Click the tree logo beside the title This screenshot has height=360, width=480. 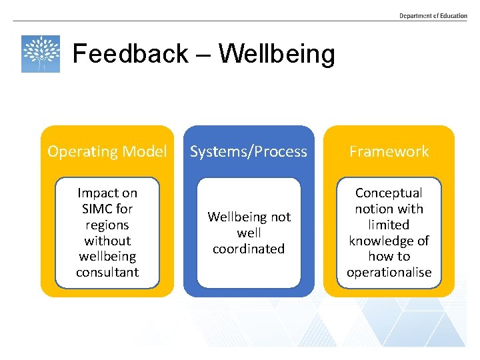click(x=41, y=54)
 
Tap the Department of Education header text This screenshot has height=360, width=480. click(x=433, y=16)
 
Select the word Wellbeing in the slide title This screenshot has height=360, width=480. click(x=276, y=53)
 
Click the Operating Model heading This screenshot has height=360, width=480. click(x=107, y=151)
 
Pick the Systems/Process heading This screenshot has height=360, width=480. click(x=249, y=151)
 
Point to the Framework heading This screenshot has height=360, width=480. click(x=389, y=151)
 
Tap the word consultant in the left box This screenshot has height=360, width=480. click(x=107, y=272)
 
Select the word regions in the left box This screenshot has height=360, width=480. click(x=107, y=225)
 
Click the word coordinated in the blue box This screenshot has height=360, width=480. click(x=249, y=249)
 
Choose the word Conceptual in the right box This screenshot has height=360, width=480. click(x=389, y=193)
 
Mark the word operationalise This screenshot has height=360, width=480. click(x=389, y=272)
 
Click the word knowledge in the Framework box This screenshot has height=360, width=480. click(x=389, y=241)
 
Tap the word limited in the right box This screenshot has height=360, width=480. click(x=389, y=225)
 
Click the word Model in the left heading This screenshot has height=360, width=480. click(x=145, y=151)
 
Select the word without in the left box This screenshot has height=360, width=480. click(x=107, y=241)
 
